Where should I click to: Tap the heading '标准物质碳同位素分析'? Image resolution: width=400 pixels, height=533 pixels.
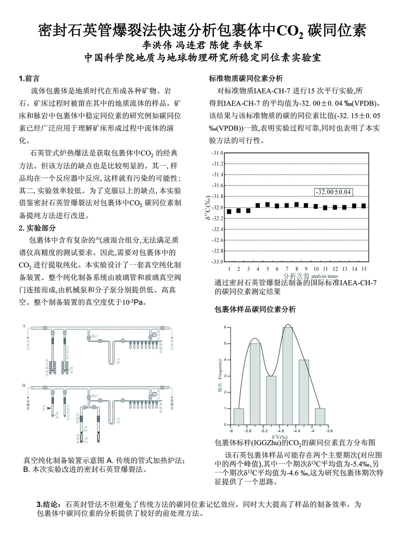[x=246, y=78]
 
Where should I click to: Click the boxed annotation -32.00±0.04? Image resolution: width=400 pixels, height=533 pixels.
[x=333, y=192]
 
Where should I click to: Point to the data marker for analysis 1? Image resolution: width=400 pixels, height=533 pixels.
[x=229, y=212]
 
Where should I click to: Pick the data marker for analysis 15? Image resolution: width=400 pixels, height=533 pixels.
[x=364, y=206]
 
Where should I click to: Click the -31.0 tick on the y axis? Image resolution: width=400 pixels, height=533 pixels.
[x=218, y=153]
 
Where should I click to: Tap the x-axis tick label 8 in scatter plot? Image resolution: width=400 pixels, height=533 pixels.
[x=296, y=269]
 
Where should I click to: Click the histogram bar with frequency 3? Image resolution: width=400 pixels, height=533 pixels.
[x=271, y=400]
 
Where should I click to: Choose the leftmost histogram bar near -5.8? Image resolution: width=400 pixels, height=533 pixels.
[x=239, y=417]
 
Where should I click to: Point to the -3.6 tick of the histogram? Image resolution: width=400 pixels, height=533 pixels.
[x=328, y=431]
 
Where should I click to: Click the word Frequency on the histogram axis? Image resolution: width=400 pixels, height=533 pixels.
[x=220, y=369]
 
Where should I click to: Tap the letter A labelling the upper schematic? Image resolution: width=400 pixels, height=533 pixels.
[x=24, y=326]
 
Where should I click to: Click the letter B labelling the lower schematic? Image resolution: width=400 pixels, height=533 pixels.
[x=24, y=385]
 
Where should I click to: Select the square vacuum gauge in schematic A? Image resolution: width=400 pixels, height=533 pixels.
[x=154, y=334]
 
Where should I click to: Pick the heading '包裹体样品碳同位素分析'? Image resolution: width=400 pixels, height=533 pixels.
[x=255, y=309]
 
